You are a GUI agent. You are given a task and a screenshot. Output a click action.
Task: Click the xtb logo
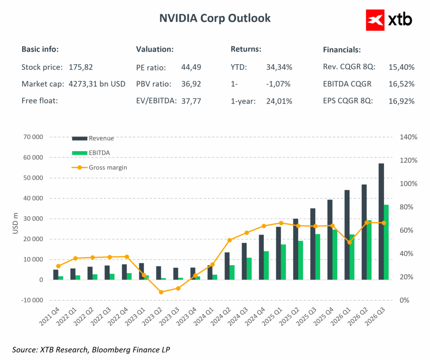(389, 19)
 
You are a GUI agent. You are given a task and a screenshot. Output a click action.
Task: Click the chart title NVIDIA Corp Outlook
(215, 18)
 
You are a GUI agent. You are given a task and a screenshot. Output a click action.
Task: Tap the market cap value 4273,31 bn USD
(97, 84)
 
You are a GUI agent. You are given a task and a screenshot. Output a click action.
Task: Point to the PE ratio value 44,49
(191, 67)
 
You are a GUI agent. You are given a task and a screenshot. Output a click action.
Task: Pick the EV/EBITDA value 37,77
(191, 101)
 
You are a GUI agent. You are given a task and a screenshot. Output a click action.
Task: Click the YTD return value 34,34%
(279, 67)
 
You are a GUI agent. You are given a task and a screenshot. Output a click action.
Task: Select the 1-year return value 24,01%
(279, 101)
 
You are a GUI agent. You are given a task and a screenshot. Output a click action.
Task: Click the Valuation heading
(155, 49)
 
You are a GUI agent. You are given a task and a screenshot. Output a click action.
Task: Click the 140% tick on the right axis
(408, 137)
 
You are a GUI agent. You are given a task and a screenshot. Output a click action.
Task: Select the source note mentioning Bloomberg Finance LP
(91, 349)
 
